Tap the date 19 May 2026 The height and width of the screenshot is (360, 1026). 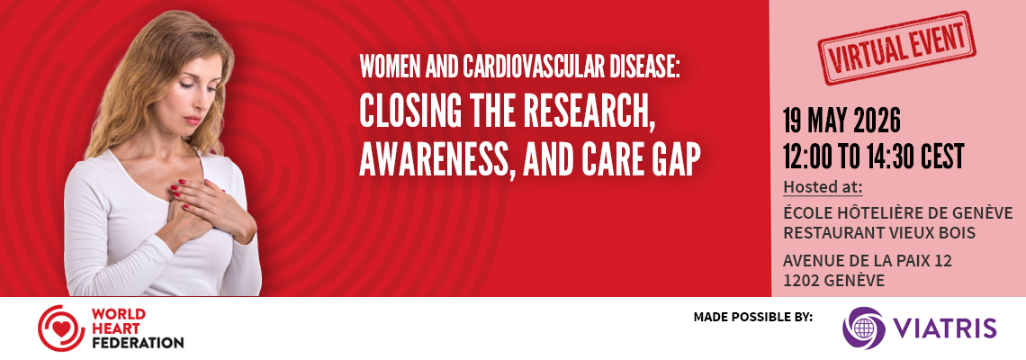click(x=842, y=121)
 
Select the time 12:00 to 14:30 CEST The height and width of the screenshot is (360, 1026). click(x=874, y=157)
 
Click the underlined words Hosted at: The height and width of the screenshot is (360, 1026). click(x=823, y=187)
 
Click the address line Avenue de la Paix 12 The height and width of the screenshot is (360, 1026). click(x=868, y=261)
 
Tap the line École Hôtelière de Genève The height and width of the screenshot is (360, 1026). click(x=898, y=213)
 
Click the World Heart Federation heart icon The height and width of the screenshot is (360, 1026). click(x=61, y=328)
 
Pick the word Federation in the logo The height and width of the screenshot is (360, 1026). click(x=138, y=342)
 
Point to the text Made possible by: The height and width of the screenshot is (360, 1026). click(x=753, y=318)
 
